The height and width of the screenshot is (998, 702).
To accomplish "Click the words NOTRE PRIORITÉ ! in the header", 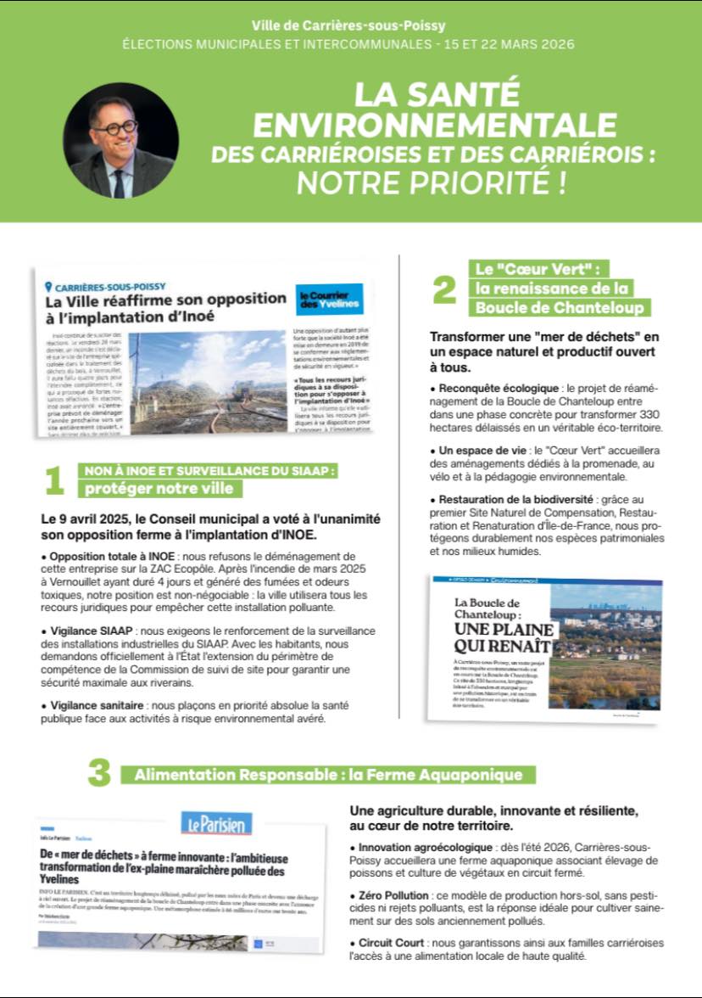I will click(430, 182).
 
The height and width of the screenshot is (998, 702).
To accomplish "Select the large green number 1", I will click(54, 480).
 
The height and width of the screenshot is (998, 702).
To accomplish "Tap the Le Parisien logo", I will click(216, 823).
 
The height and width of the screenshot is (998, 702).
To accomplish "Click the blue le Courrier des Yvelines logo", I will click(329, 299).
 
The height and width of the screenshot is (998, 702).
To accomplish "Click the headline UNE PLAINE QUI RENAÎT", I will click(504, 638).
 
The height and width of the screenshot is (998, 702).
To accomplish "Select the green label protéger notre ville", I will click(159, 489).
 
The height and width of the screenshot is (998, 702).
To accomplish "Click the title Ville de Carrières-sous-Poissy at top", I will click(348, 25).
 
